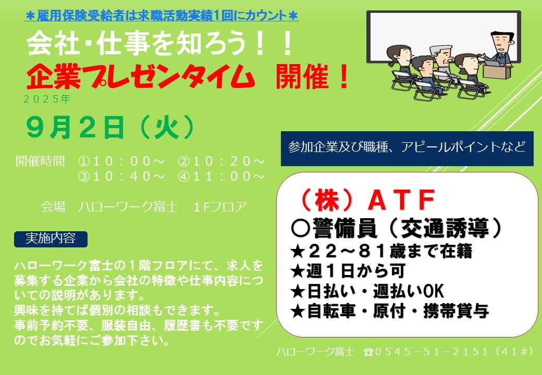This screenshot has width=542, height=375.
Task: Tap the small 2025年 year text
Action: pos(47,99)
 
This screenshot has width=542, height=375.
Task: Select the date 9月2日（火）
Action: pos(110,128)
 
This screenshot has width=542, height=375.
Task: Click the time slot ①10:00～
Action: pos(121,161)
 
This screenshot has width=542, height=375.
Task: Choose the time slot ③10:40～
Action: pos(121,177)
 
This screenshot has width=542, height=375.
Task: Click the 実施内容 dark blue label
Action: pos(51,239)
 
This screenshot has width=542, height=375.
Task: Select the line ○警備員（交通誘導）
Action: pos(396,228)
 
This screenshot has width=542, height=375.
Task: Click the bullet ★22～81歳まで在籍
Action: pos(381,251)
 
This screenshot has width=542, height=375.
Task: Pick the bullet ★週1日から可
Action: pos(348,271)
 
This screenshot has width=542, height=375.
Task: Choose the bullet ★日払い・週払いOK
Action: pos(367,291)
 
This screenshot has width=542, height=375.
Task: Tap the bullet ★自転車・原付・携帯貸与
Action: pos(390,311)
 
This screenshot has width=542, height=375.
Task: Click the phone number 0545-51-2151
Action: pos(432,352)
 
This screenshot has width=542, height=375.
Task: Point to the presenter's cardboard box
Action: pos(497,71)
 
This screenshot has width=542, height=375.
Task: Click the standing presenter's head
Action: pos(501,42)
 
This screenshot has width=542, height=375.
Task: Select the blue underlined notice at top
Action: pos(162,16)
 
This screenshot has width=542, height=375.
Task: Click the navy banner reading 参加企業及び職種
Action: pos(407,148)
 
